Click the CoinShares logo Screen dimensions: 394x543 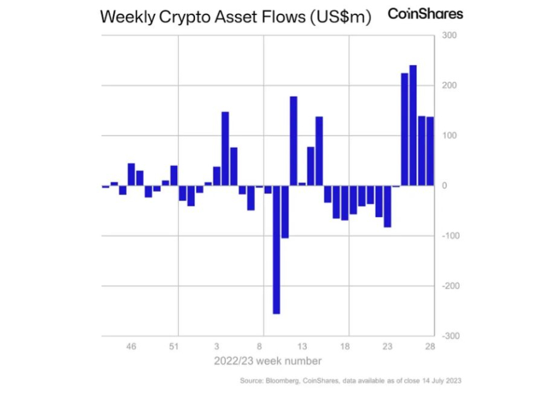pos(425,14)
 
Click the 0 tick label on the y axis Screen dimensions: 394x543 pos(445,186)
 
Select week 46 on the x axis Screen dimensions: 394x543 pos(131,347)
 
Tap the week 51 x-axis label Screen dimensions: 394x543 pos(174,347)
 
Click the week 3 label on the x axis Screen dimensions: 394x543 pos(217,347)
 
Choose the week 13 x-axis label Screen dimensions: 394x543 pos(302,347)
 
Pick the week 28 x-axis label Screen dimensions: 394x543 pos(429,347)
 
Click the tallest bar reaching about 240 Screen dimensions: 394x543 pos(413,126)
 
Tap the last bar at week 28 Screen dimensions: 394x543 pos(430,151)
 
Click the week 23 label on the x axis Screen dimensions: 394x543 pos(387,347)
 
